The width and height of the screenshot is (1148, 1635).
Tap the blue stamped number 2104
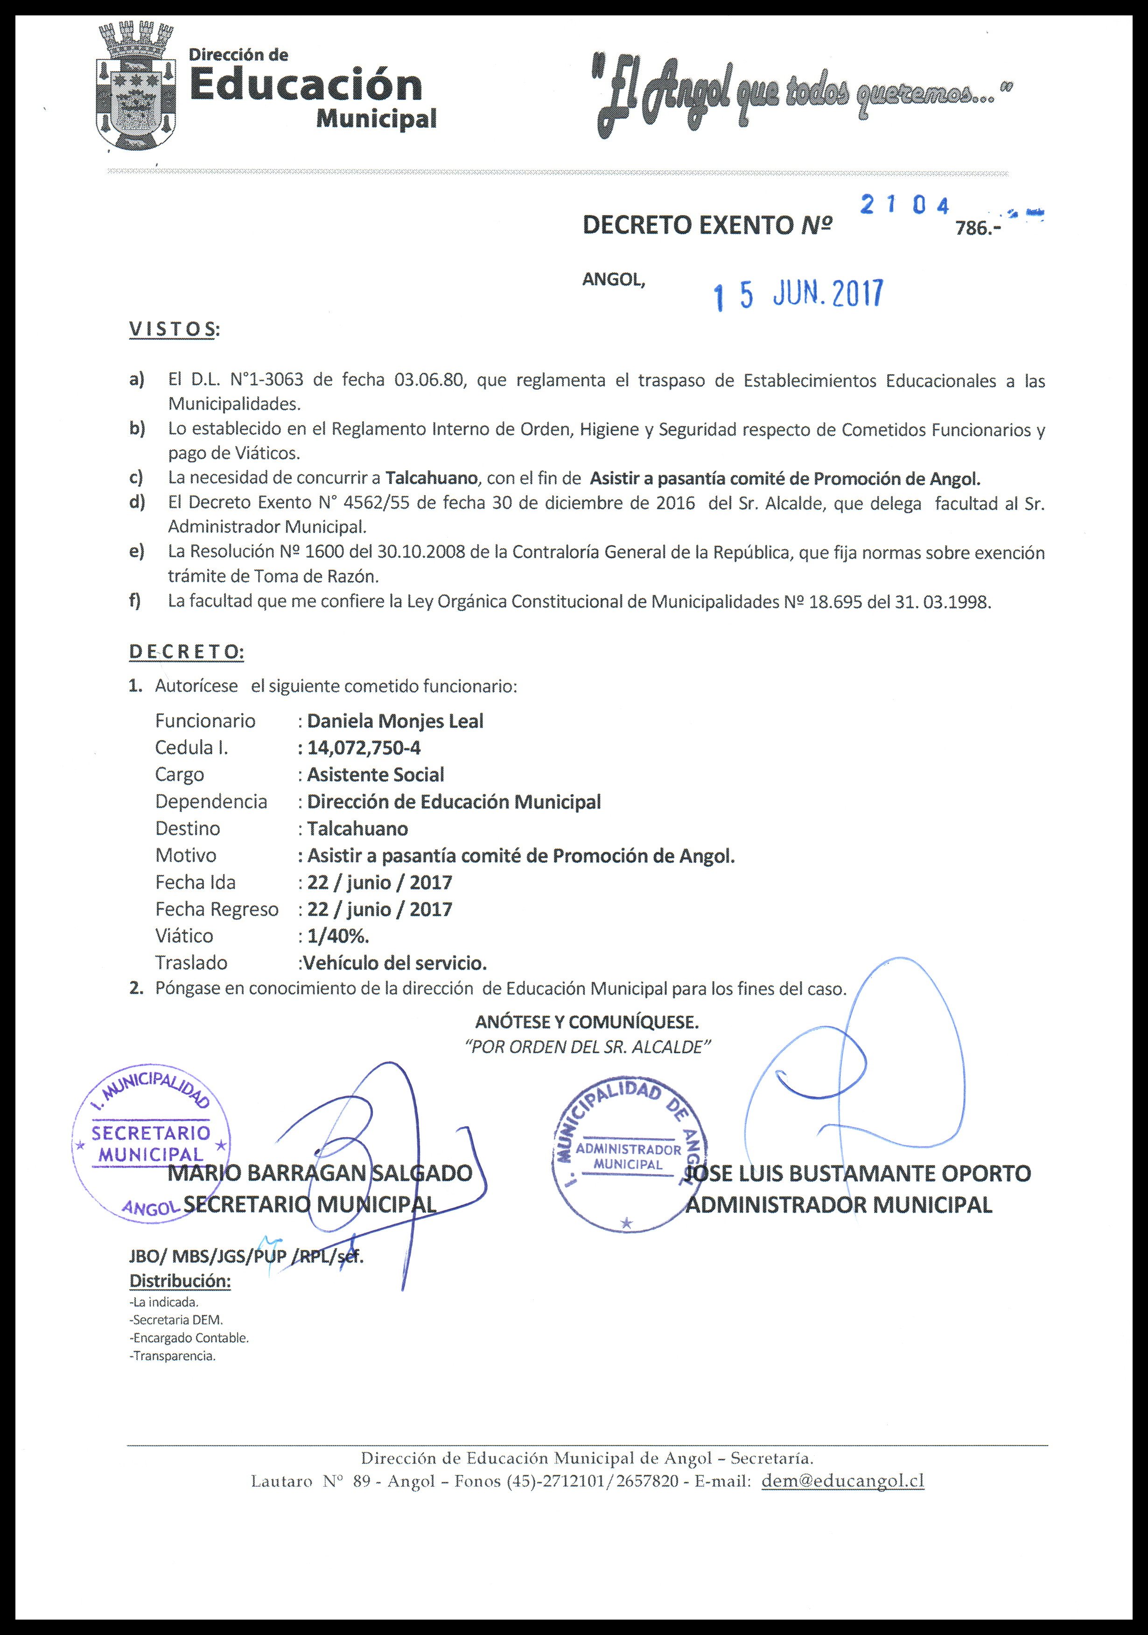(904, 205)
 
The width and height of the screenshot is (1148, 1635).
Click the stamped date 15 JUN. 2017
(798, 294)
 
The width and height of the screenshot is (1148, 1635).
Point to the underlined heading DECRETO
(186, 651)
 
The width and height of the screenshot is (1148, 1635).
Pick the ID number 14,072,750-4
(364, 748)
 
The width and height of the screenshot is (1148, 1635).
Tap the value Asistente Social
(375, 775)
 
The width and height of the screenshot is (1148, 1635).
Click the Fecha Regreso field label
(217, 909)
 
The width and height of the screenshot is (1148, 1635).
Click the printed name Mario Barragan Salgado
(320, 1173)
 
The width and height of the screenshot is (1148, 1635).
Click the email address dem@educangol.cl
(842, 1481)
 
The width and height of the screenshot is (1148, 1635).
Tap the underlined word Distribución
(180, 1281)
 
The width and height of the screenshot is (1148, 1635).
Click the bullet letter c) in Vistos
(136, 477)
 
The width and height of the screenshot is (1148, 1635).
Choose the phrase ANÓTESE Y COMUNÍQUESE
(587, 1023)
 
